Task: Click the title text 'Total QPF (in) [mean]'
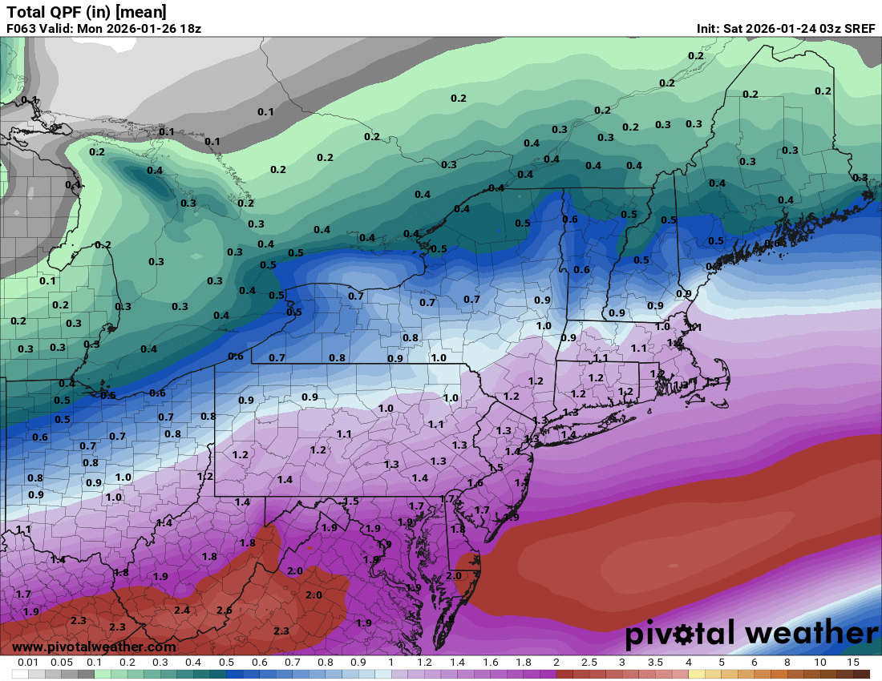point(87,11)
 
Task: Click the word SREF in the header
point(858,28)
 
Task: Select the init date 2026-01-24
point(782,28)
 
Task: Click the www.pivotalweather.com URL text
point(94,647)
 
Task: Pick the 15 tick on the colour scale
point(853,663)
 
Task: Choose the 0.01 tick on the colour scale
point(28,663)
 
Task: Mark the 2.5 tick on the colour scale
point(589,663)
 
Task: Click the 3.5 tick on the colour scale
point(656,663)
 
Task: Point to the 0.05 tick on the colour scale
point(61,663)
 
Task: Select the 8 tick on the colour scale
point(787,663)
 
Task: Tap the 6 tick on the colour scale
point(755,663)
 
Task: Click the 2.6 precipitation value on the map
point(224,610)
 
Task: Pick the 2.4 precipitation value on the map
point(182,610)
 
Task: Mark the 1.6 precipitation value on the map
point(475,483)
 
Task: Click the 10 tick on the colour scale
point(820,663)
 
